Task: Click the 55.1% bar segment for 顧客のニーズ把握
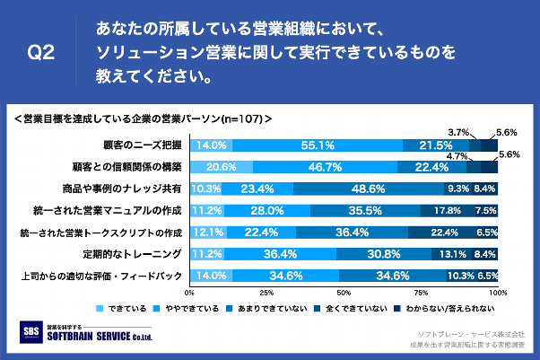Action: click(x=318, y=145)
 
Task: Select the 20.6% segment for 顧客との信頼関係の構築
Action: click(x=221, y=167)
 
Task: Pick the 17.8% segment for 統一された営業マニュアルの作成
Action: click(x=447, y=211)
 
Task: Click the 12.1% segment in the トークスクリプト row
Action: click(x=207, y=233)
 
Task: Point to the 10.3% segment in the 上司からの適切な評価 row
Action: click(x=460, y=276)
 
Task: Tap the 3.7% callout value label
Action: click(x=459, y=131)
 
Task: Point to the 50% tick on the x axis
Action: click(x=344, y=293)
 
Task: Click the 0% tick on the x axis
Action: click(x=189, y=293)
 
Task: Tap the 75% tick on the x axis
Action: click(x=421, y=293)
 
